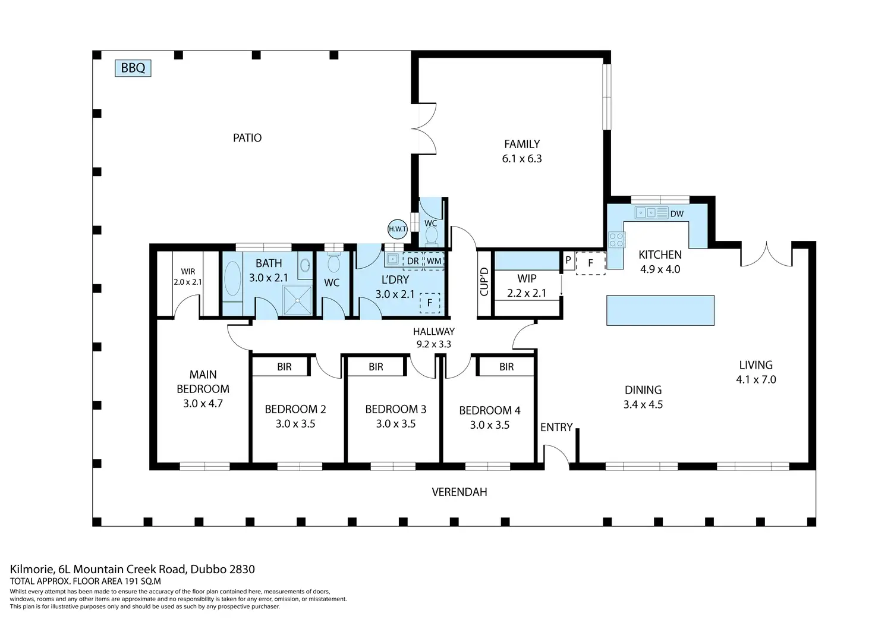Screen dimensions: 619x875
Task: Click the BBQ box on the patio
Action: tap(133, 68)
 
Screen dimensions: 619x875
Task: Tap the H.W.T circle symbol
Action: tap(397, 229)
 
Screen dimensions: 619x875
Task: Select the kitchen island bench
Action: tap(660, 310)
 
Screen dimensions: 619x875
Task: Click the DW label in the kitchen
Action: tap(676, 213)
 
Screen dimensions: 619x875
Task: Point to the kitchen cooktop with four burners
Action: tap(616, 240)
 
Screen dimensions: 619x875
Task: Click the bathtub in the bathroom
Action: tap(232, 279)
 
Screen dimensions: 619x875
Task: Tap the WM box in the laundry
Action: tap(434, 261)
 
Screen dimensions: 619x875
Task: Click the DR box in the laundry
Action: tap(413, 261)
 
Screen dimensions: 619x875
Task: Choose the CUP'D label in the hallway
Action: tap(484, 282)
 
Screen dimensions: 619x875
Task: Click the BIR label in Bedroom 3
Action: tap(376, 367)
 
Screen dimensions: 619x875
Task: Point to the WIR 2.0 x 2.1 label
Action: tap(188, 277)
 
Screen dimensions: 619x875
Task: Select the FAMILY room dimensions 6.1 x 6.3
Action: tap(522, 159)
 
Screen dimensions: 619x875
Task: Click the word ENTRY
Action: tap(556, 427)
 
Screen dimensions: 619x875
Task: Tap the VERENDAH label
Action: tap(459, 492)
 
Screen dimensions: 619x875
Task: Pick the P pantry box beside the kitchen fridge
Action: tap(568, 260)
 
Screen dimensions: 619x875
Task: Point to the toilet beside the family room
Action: tap(432, 236)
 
